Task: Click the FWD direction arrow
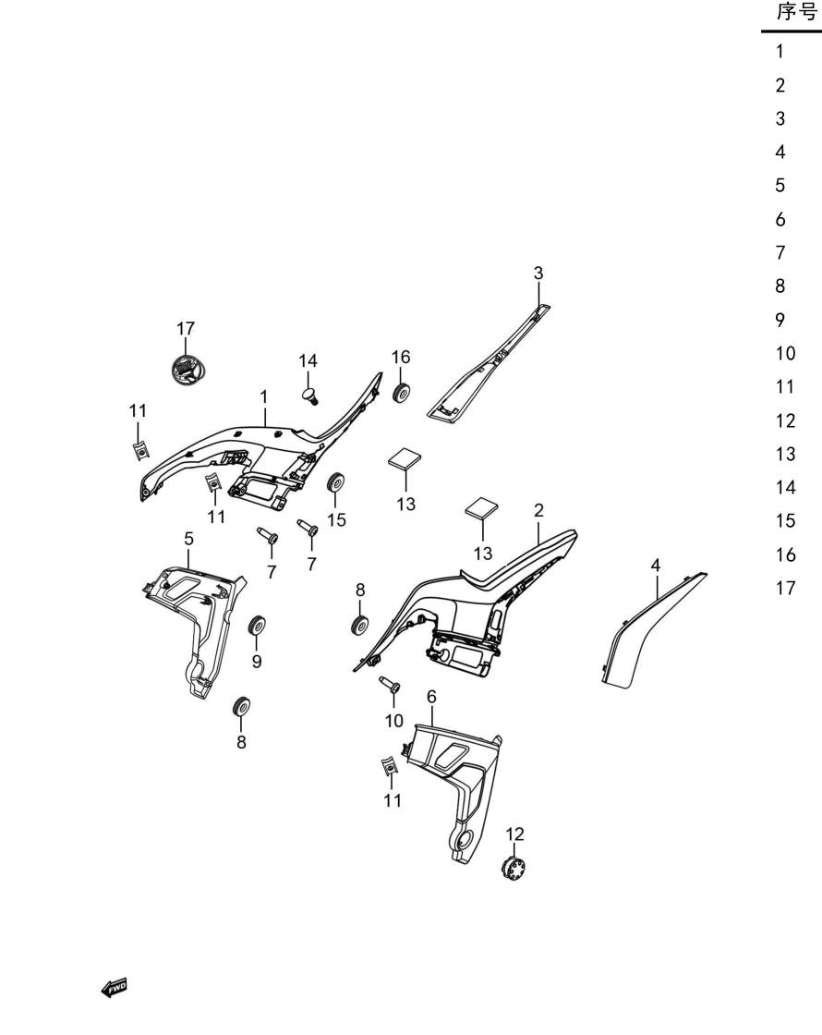tap(114, 988)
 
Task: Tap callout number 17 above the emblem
tap(186, 328)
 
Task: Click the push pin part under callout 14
tap(310, 396)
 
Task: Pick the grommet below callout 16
tap(401, 392)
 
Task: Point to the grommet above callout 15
tap(336, 482)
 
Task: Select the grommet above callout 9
tap(257, 624)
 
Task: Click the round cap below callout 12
tap(514, 867)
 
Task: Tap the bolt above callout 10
tap(390, 685)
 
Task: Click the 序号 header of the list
tap(797, 12)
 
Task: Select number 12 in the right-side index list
tap(785, 420)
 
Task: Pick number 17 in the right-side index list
tap(785, 588)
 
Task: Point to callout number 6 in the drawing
tap(431, 697)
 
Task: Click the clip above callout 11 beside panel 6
tap(391, 766)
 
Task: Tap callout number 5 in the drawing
tap(188, 539)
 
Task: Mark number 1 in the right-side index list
tap(780, 51)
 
